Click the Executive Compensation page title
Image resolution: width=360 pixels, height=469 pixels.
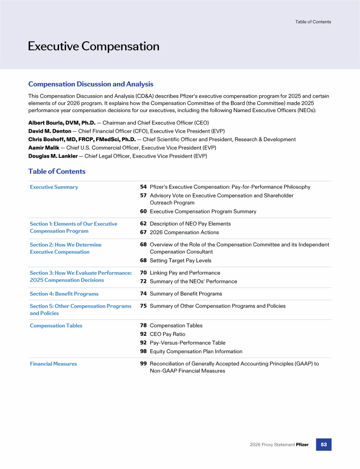(x=93, y=46)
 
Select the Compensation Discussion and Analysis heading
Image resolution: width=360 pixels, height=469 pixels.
(x=90, y=84)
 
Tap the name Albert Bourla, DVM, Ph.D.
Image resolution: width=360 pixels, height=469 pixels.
(x=61, y=122)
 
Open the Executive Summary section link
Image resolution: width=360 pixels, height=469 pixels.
(x=54, y=187)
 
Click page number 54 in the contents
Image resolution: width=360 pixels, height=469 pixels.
(x=143, y=187)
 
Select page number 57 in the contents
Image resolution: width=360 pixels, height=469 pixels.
(x=143, y=196)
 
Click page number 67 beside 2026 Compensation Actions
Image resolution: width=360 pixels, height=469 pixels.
(x=143, y=233)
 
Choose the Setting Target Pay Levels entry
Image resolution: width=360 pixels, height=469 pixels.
(x=180, y=261)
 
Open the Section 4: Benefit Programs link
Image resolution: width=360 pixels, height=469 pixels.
(x=64, y=294)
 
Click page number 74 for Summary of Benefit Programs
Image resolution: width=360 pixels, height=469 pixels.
(x=143, y=294)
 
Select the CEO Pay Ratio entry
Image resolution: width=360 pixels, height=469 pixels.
(x=167, y=334)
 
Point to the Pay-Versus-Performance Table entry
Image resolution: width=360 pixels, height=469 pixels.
(x=187, y=343)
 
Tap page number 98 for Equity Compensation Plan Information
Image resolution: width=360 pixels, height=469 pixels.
(x=143, y=351)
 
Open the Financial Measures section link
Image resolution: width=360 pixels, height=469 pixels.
(x=53, y=364)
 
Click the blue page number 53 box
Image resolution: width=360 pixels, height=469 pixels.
(x=323, y=444)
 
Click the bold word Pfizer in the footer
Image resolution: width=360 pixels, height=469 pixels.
(x=302, y=445)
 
